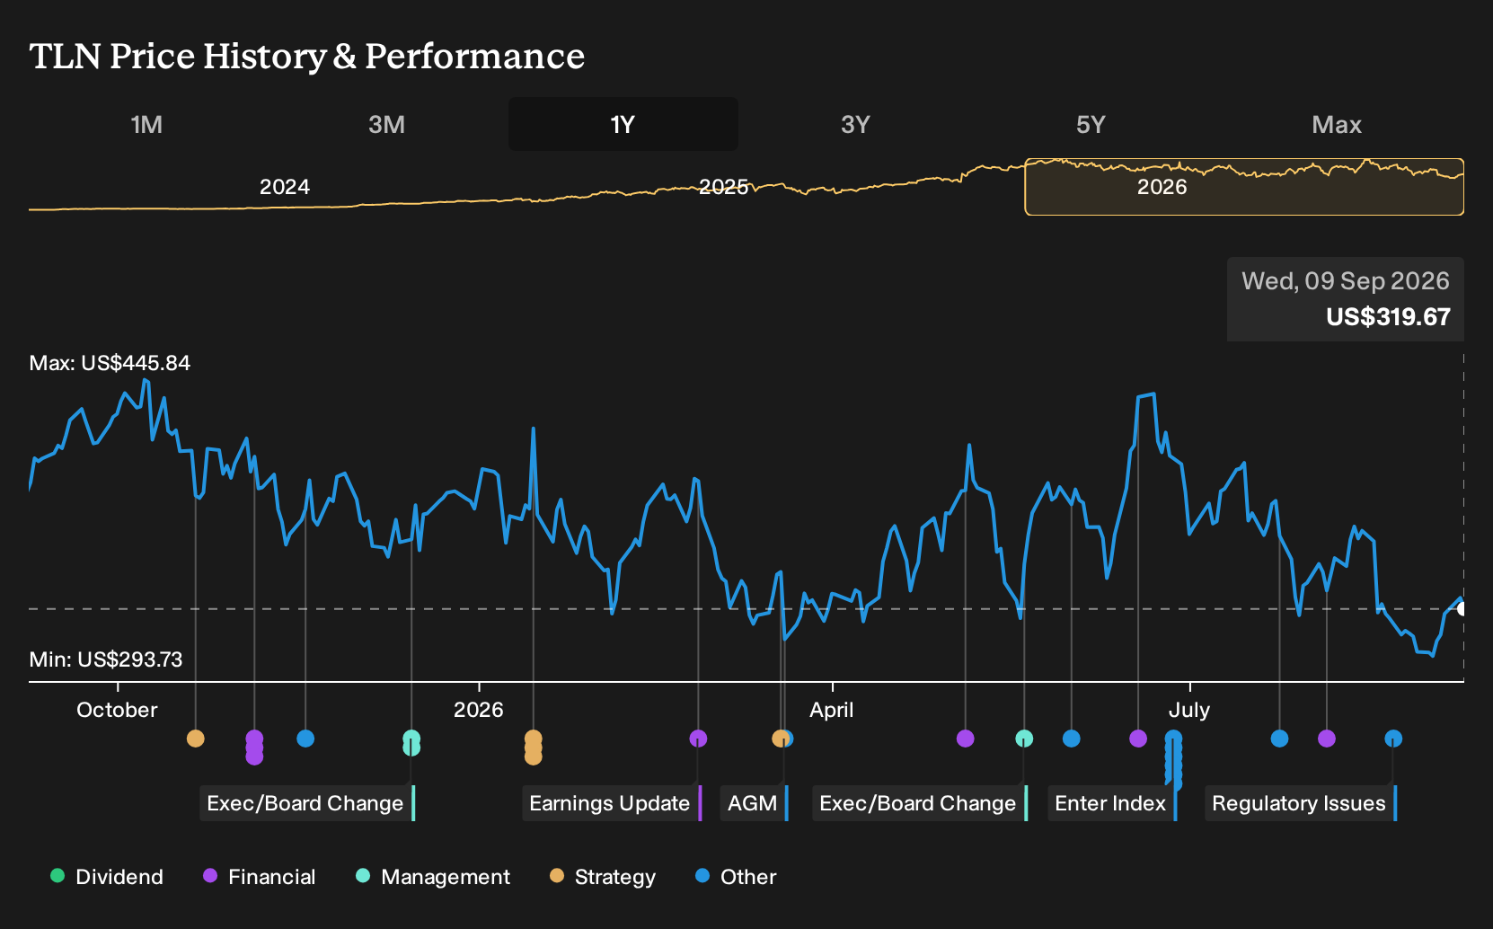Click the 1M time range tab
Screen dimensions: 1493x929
coord(146,125)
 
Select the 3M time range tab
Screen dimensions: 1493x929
coord(386,125)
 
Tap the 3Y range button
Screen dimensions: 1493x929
coord(856,125)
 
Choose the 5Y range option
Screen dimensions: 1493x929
coord(1091,125)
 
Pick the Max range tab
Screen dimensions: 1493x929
coord(1337,125)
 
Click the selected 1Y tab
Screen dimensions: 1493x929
coord(623,125)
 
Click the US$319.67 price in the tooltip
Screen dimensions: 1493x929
coord(1388,316)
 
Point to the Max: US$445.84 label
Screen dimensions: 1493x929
coord(110,363)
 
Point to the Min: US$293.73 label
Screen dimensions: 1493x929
coord(105,659)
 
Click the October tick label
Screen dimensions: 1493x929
coord(117,710)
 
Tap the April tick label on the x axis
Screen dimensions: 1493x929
coord(831,710)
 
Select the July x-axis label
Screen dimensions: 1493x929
coord(1189,710)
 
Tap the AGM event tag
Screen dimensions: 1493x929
coord(754,803)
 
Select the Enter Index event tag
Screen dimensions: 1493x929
coord(1112,803)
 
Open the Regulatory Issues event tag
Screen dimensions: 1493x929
coord(1301,803)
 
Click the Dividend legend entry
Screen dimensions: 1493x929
coord(107,876)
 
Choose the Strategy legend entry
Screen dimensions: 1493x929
coord(603,876)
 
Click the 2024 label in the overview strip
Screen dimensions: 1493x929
coord(285,187)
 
